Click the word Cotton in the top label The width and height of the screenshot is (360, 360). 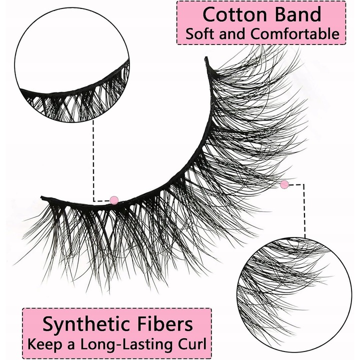[235, 14]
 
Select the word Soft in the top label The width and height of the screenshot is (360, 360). [200, 34]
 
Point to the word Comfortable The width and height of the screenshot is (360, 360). [295, 34]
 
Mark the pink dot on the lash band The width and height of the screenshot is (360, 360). [114, 200]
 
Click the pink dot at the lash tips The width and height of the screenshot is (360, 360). [284, 184]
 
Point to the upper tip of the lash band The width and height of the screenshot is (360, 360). [206, 58]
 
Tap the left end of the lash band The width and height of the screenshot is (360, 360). [42, 197]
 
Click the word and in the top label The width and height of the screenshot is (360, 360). [232, 34]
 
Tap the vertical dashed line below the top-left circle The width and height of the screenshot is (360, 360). [93, 160]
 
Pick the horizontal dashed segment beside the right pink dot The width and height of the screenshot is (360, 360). [296, 184]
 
